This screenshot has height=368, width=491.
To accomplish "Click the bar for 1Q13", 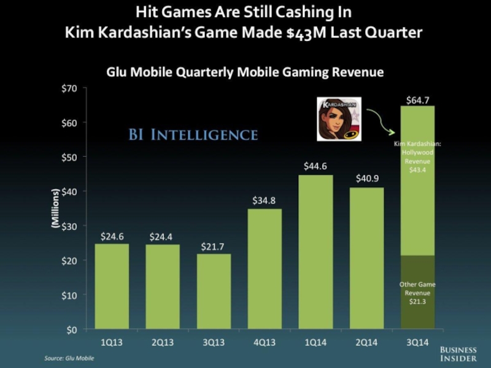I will (x=111, y=286).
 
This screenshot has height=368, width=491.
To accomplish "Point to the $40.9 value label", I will (x=367, y=178).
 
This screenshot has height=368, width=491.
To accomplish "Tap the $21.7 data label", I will (x=214, y=246).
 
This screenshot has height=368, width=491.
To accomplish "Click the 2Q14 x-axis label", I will (x=367, y=342).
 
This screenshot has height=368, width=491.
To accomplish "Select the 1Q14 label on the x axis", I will (x=316, y=342).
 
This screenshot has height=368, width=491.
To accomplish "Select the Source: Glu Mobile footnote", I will (x=69, y=357).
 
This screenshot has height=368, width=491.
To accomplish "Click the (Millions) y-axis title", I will (x=55, y=209).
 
